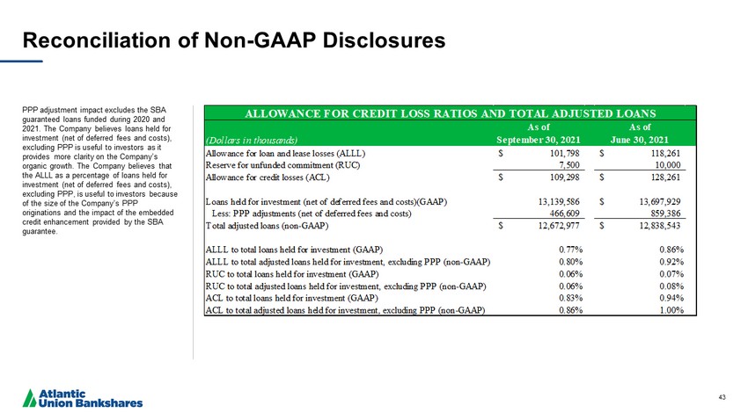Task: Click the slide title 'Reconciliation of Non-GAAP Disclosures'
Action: pyautogui.click(x=233, y=40)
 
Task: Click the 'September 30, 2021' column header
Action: pyautogui.click(x=539, y=140)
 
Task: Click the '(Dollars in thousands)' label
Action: pyautogui.click(x=251, y=140)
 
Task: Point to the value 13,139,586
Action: pyautogui.click(x=553, y=202)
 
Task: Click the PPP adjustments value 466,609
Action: pyautogui.click(x=559, y=214)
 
